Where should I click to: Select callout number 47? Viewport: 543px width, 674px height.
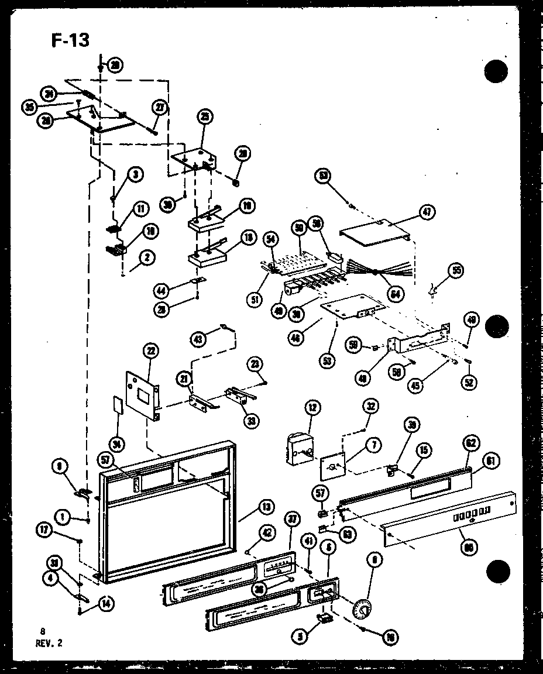coord(427,213)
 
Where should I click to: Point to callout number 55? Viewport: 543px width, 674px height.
coord(456,270)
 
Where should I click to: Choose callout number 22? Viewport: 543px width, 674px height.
coord(151,350)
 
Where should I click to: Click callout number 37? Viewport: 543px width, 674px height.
coord(291,517)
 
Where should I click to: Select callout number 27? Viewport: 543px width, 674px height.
coord(160,107)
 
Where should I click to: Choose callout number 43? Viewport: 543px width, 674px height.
coord(200,338)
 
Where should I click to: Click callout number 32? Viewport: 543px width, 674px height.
coord(370,406)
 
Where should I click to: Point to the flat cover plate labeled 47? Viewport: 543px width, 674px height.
coord(374,234)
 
